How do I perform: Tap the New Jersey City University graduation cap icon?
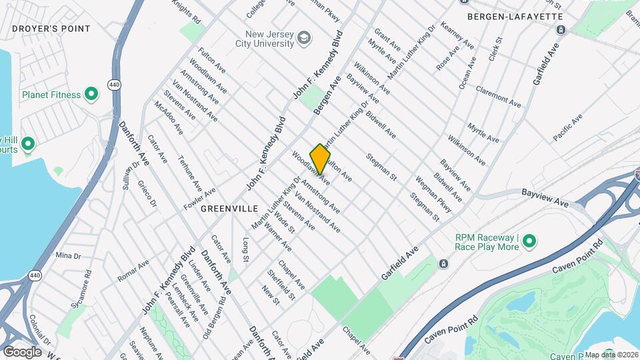(x=304, y=37)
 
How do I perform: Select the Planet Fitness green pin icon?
(x=92, y=95)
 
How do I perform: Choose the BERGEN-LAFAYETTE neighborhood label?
(x=515, y=16)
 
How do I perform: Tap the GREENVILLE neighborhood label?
(x=229, y=209)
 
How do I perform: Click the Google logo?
(x=22, y=351)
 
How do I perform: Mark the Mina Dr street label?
(x=68, y=255)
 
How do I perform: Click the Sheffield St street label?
(x=281, y=284)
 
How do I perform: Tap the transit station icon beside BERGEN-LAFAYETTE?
(x=561, y=30)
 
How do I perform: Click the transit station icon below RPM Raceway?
(x=443, y=264)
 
